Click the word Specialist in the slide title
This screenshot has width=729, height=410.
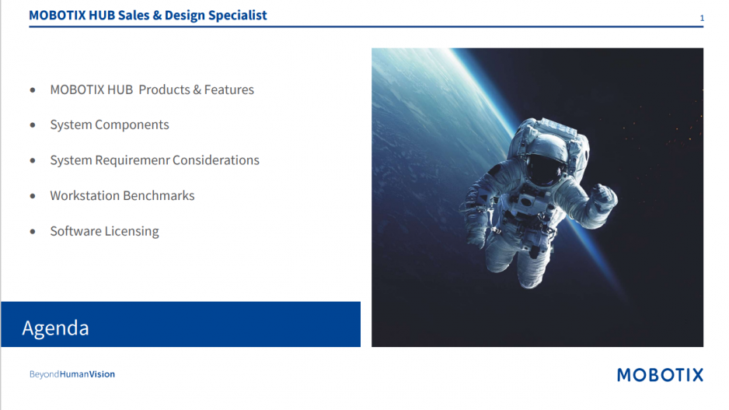click(237, 16)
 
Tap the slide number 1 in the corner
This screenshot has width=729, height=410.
click(702, 18)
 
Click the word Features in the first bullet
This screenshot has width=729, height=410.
click(229, 89)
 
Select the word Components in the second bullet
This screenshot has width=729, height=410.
click(132, 125)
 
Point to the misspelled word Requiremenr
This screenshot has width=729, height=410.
click(132, 160)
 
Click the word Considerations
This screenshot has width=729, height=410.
click(216, 160)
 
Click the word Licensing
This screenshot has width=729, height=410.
click(131, 231)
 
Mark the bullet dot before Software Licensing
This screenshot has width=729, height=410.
click(33, 231)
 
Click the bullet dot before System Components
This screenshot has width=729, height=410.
click(33, 124)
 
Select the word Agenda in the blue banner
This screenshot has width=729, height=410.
click(55, 328)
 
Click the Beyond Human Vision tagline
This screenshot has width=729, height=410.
click(72, 374)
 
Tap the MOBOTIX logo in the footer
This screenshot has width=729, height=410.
click(660, 375)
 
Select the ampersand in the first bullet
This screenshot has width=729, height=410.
click(197, 89)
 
